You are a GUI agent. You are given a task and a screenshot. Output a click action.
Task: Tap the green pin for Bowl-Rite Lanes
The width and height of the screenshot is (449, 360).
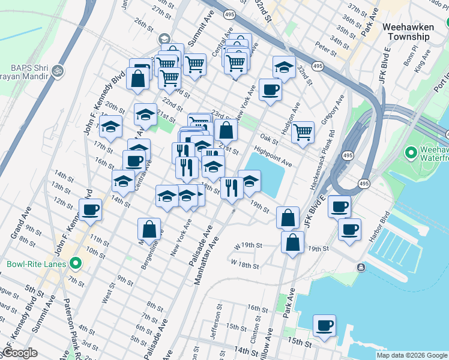(x=76, y=263)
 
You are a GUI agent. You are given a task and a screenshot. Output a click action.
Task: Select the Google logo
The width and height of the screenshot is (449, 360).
(x=20, y=353)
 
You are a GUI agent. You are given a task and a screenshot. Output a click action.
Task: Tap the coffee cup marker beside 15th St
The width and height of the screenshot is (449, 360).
(x=324, y=326)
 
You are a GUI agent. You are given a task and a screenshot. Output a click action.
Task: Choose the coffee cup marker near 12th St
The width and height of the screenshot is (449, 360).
(x=90, y=210)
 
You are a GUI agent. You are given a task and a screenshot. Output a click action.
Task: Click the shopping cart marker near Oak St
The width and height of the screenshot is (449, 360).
(x=303, y=131)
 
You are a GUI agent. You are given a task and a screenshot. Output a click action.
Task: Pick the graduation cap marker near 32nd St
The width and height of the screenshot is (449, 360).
(x=283, y=67)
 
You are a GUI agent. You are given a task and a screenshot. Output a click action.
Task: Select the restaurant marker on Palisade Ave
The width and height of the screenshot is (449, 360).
(x=232, y=188)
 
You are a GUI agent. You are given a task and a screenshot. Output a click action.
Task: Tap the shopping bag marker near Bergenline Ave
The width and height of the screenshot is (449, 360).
(x=149, y=229)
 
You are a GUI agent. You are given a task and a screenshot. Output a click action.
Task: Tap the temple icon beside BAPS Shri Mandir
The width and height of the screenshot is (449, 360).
(x=58, y=70)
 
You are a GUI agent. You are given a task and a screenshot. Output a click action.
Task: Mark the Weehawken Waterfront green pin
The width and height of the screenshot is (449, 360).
(x=411, y=153)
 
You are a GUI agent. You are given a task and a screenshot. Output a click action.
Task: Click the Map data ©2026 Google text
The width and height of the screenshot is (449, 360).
(x=412, y=355)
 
